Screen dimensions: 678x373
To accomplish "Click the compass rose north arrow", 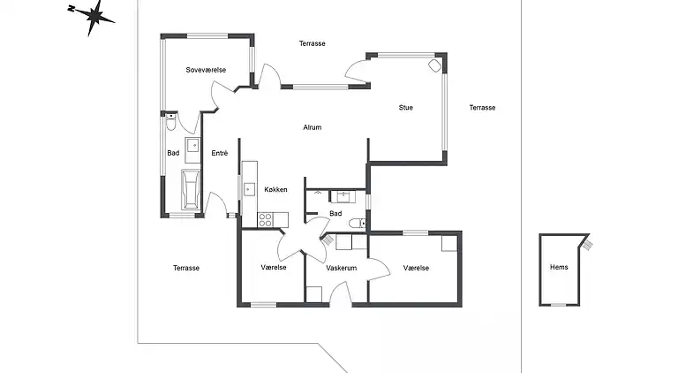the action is coord(92,18).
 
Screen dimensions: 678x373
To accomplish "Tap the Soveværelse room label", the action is coord(206,70).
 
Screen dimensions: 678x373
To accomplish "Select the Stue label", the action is coord(405,107).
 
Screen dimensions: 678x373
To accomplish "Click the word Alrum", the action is coord(313,127).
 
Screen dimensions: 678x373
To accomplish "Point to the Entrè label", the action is coord(219,153).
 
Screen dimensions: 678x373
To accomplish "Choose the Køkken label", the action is coord(275,189).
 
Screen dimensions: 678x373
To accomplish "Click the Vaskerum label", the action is coord(341,268).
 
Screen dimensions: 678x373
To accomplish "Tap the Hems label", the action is coord(559,267).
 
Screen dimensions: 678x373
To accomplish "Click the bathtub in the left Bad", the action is coord(191,189).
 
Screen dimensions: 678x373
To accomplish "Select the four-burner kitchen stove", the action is coord(265,220).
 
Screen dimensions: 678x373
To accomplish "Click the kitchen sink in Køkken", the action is coord(249,189).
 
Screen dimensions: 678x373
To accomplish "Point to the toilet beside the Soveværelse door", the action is coord(171,122).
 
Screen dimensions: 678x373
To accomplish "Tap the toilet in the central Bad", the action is coord(358,224).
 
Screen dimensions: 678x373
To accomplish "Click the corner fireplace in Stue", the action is coord(434,65).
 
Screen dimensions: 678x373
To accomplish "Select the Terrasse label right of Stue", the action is coord(482,107).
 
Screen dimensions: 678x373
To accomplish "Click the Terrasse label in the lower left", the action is coord(186,268).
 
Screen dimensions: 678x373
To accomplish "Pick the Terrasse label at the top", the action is coord(313,43).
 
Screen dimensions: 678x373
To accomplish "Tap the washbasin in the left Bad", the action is coord(192,145).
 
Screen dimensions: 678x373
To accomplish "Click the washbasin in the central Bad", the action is coord(343,196).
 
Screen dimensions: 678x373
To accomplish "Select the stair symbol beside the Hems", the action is coord(587,245).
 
